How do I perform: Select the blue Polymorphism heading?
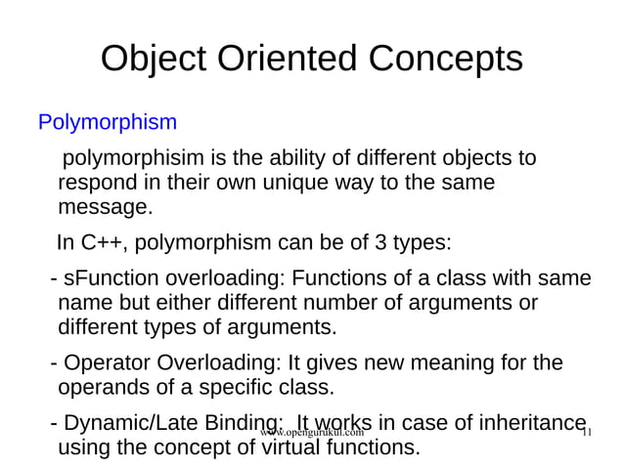[108, 123]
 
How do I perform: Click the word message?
[105, 207]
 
